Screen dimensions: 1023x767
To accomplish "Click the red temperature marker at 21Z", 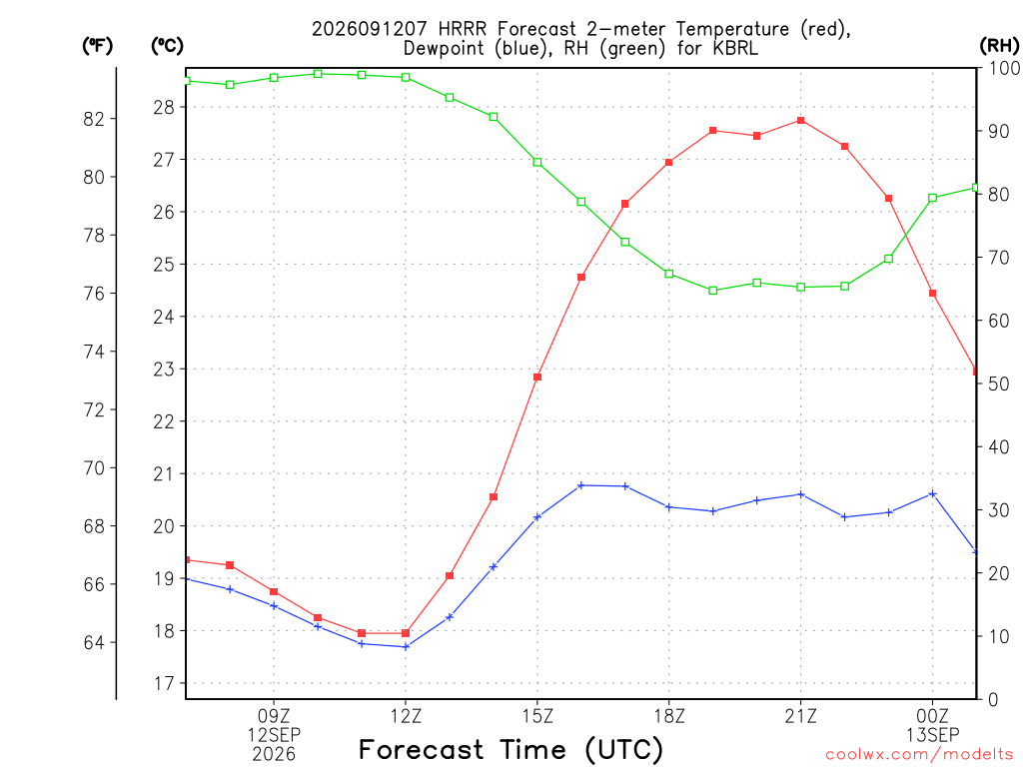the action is click(x=800, y=121).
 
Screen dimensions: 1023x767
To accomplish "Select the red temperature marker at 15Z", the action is click(x=537, y=377).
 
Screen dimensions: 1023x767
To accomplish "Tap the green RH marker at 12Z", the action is click(x=406, y=78).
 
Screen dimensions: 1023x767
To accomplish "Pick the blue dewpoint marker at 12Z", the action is click(x=406, y=647).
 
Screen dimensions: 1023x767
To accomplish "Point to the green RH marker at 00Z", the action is click(x=932, y=198).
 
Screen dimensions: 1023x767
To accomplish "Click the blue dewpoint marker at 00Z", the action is click(x=932, y=494).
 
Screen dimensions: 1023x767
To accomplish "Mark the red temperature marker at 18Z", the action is click(x=668, y=163).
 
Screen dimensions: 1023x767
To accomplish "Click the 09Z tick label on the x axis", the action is click(x=274, y=716).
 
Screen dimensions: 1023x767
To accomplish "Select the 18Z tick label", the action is click(x=669, y=716).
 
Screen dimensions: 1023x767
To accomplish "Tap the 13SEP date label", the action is click(x=932, y=735).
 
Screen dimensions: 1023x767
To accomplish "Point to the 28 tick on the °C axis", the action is click(x=164, y=107).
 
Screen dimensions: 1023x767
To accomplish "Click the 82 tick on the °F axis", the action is click(x=94, y=119).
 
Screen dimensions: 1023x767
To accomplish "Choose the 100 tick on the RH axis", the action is click(x=1004, y=68).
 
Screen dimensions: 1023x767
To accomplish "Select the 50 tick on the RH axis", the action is click(x=998, y=383).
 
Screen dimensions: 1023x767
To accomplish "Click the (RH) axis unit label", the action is click(x=999, y=45).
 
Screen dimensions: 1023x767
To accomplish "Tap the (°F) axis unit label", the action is click(x=97, y=46).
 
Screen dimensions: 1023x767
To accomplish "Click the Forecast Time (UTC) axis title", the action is click(x=511, y=750).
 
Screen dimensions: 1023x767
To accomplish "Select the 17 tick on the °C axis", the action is click(x=164, y=683).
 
